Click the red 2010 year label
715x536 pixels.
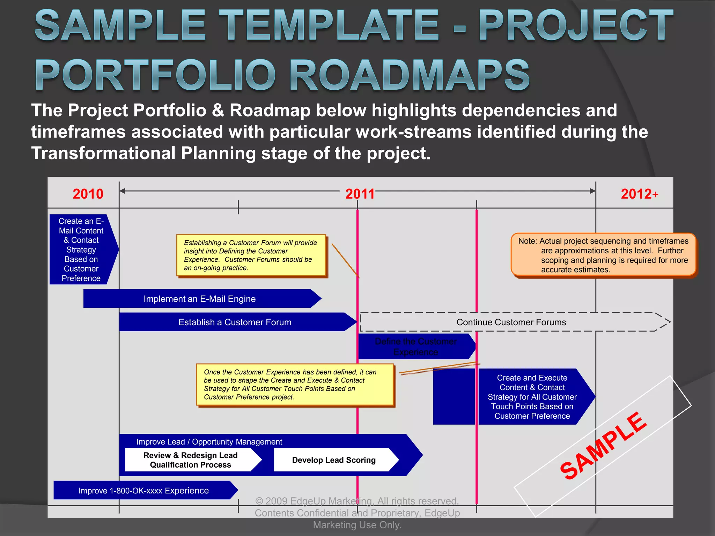[88, 194]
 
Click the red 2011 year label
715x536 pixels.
[360, 194]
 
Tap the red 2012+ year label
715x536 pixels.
[639, 194]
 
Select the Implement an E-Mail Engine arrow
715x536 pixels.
[200, 299]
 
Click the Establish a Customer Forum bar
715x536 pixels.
[235, 322]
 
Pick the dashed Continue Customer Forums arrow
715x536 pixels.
[511, 322]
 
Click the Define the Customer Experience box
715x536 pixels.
[415, 347]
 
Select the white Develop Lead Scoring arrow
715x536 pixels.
[334, 460]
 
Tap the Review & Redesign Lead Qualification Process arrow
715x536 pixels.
[191, 460]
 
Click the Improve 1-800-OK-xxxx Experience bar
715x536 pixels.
[143, 491]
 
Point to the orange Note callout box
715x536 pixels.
[603, 255]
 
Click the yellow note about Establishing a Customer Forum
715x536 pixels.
[251, 255]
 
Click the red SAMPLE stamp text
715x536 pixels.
[603, 446]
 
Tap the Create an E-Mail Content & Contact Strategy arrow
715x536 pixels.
[81, 250]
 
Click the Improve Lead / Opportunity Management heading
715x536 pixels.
[209, 442]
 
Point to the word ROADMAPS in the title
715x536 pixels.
[409, 76]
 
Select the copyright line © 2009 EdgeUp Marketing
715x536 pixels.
[357, 501]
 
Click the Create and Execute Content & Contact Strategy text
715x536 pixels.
[532, 397]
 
